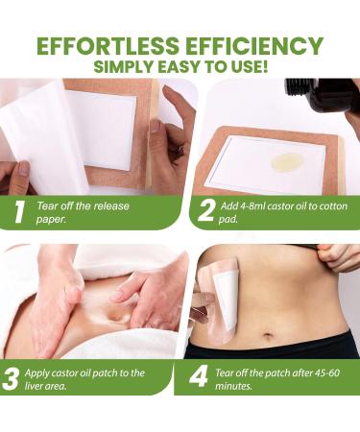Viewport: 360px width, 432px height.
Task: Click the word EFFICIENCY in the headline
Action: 252,45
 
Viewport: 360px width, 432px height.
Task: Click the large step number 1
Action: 17,211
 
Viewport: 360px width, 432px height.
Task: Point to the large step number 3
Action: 12,376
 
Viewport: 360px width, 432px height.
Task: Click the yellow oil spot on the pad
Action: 288,159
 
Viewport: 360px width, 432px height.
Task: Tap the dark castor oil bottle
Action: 322,96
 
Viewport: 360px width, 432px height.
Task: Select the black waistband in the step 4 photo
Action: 288,346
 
